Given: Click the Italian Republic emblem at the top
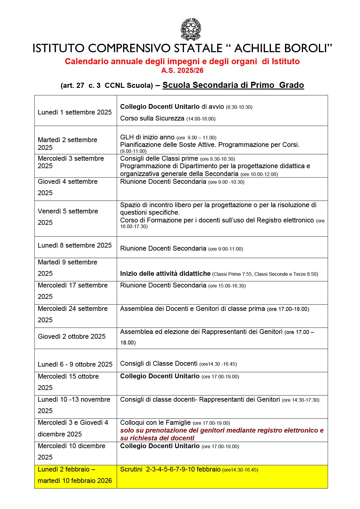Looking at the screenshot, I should (x=190, y=29).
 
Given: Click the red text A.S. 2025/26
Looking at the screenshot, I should (x=182, y=70).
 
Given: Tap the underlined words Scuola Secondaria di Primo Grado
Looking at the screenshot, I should (x=233, y=85).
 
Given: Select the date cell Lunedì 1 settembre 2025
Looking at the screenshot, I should (x=75, y=112).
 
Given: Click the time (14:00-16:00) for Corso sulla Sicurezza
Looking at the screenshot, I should (x=201, y=119).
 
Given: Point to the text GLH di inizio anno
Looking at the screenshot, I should (x=147, y=137).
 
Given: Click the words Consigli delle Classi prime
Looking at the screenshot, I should (x=159, y=159).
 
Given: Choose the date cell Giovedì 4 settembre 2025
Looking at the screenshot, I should (x=68, y=187).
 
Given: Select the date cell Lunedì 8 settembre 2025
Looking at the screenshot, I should (x=75, y=246).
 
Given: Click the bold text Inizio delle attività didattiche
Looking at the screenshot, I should (x=165, y=274).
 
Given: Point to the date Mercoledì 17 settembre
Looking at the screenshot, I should (x=73, y=285).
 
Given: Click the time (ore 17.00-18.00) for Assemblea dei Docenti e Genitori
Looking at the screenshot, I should (x=288, y=309).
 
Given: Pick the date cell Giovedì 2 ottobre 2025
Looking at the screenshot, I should (x=72, y=337).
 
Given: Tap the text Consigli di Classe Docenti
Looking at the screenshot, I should (x=159, y=364).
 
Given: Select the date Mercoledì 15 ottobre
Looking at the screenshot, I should (x=68, y=377).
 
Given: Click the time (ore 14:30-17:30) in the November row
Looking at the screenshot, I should (x=301, y=400).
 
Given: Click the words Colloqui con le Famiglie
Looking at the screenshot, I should (x=155, y=423).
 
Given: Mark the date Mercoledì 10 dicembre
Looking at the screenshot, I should (x=72, y=446).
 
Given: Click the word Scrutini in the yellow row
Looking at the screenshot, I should (x=131, y=469).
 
